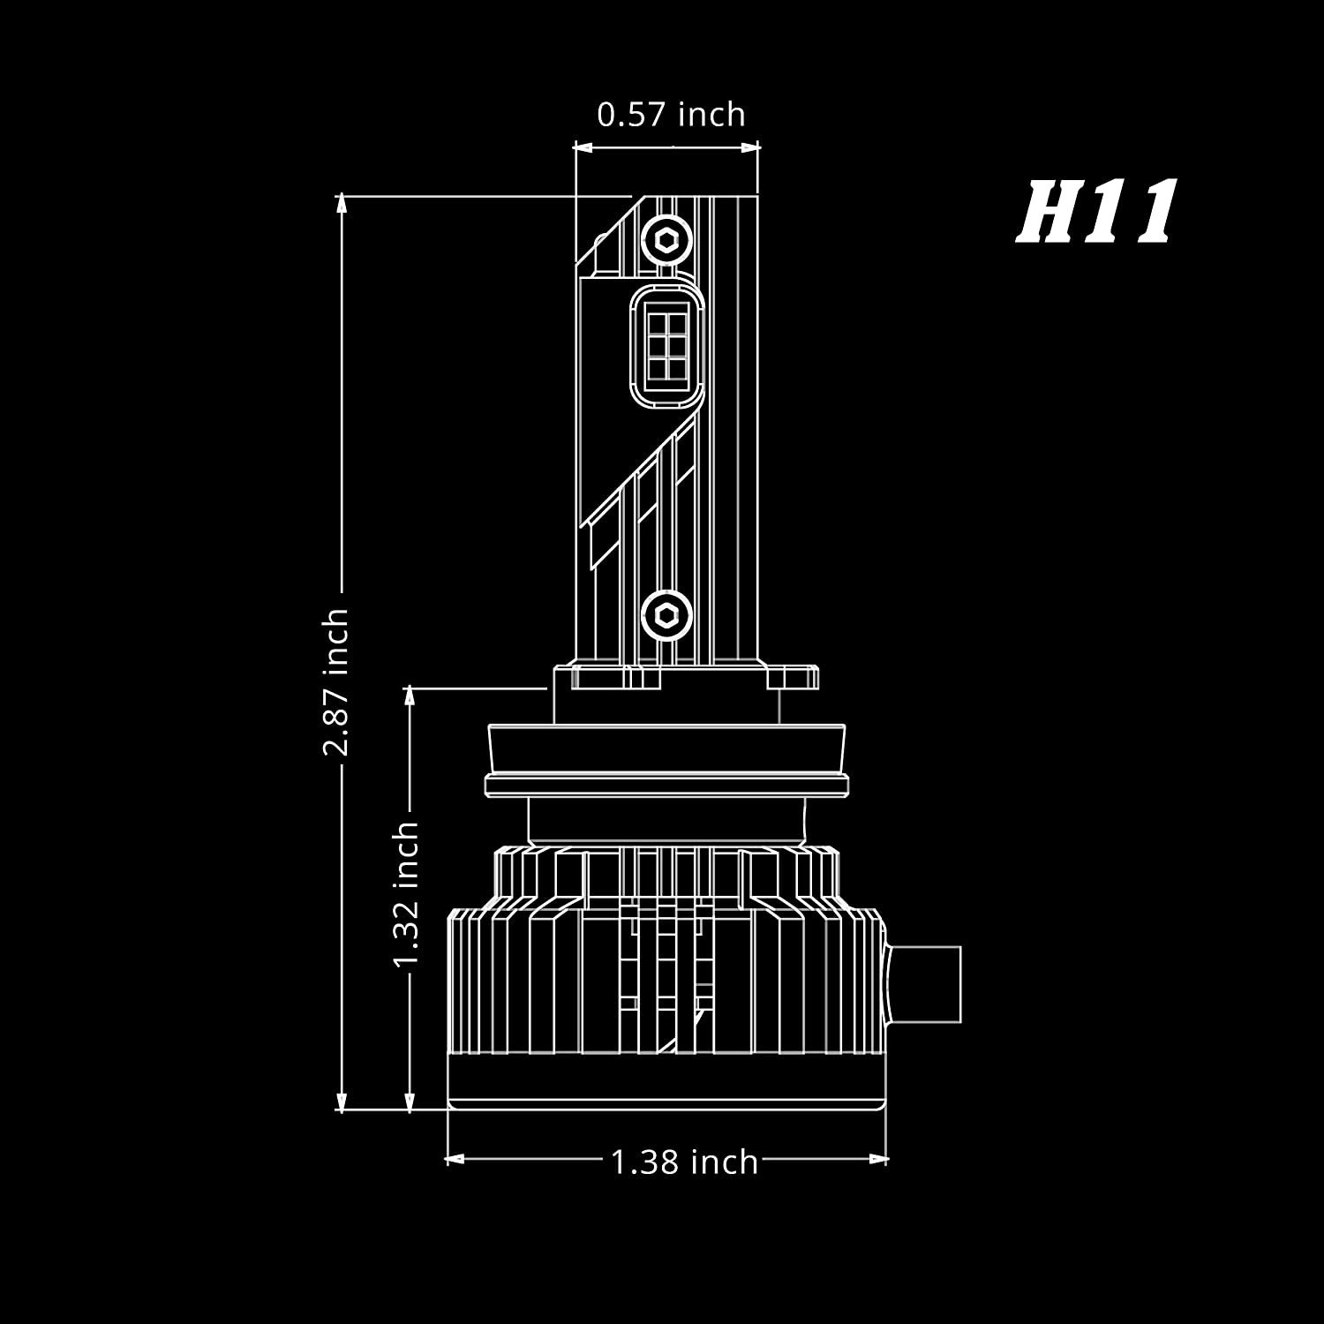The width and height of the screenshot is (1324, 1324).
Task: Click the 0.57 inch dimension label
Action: pos(671,115)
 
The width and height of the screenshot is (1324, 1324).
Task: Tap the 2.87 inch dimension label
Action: pos(335,681)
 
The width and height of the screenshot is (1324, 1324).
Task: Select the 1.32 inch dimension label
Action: pos(406,894)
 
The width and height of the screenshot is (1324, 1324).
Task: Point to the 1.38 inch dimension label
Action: pos(684,1162)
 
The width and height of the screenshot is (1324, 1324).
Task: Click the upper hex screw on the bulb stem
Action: pos(666,239)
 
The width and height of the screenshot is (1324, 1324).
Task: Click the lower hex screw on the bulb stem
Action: pos(666,614)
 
